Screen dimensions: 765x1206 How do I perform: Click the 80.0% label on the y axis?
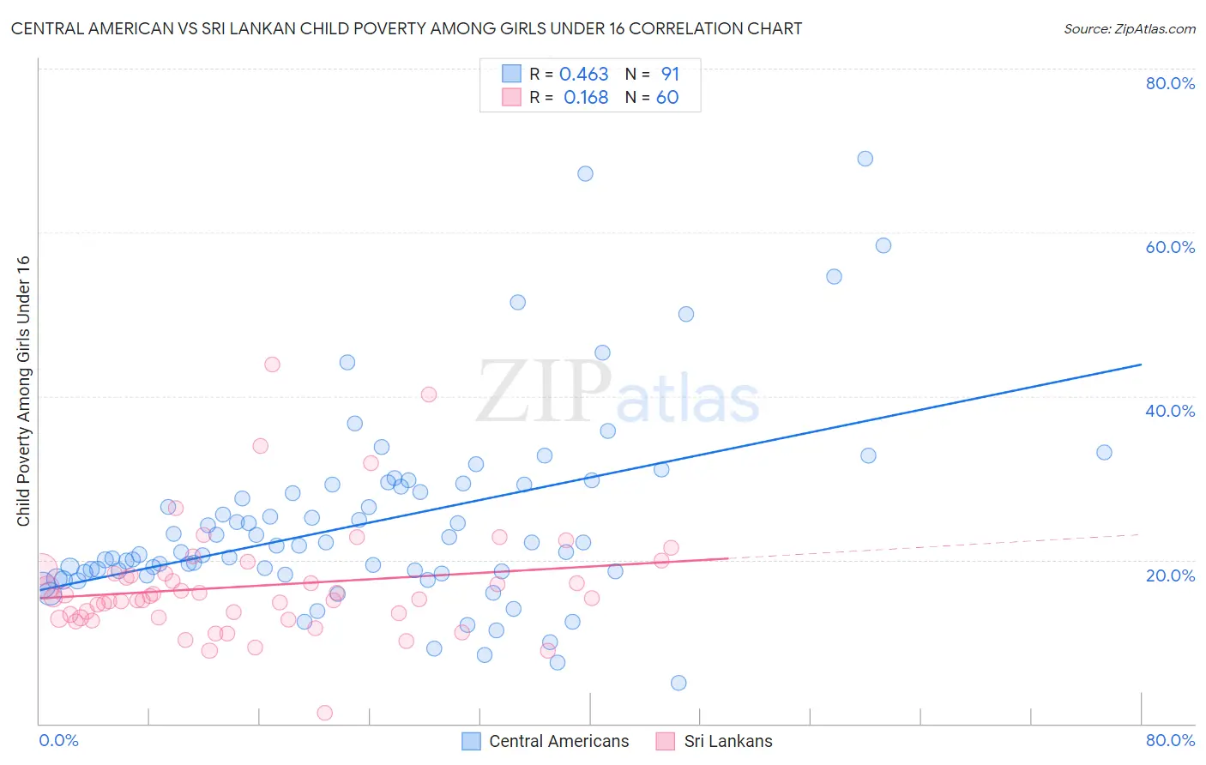click(x=1170, y=83)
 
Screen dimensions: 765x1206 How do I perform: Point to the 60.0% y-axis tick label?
click(x=1170, y=247)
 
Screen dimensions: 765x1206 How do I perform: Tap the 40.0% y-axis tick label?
click(x=1170, y=411)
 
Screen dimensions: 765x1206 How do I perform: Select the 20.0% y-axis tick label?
click(x=1170, y=575)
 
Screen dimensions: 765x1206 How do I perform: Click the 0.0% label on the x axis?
click(x=58, y=740)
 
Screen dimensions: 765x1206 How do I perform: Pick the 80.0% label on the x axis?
click(x=1170, y=740)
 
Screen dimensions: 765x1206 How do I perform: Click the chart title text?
click(x=407, y=28)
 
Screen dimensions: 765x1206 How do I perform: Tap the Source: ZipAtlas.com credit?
click(x=1129, y=28)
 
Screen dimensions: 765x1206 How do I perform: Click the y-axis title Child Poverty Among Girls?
click(x=23, y=391)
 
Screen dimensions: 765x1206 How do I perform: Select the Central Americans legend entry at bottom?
click(x=546, y=741)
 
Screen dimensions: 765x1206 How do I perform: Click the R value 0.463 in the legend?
click(x=583, y=75)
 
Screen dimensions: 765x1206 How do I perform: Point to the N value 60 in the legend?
click(x=666, y=98)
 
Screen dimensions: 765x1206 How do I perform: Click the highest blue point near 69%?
click(x=865, y=159)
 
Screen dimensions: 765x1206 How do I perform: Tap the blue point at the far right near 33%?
click(x=1104, y=452)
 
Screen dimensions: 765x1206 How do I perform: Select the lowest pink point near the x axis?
click(x=324, y=713)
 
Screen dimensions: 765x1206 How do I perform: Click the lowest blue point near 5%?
click(x=678, y=683)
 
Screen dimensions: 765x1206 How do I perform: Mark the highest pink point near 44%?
click(x=272, y=364)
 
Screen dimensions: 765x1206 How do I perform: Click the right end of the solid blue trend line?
click(x=1140, y=364)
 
